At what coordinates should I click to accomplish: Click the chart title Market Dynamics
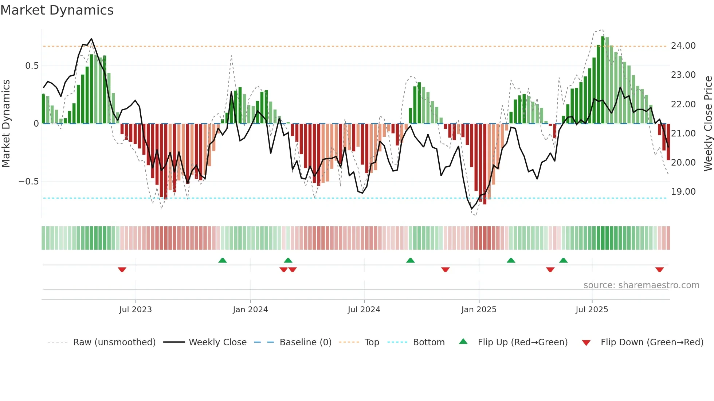click(57, 10)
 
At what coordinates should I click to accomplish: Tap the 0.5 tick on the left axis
click(32, 66)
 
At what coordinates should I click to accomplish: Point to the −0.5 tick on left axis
click(28, 182)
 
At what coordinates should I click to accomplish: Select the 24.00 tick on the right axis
click(683, 46)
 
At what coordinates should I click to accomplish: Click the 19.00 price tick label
click(683, 192)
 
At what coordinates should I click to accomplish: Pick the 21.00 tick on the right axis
click(683, 134)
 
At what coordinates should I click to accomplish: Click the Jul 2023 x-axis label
click(136, 310)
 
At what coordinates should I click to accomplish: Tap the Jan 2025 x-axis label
click(479, 310)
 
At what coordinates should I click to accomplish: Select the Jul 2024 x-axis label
click(364, 310)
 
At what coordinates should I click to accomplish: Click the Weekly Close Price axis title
click(708, 124)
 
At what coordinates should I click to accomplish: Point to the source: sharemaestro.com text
click(641, 285)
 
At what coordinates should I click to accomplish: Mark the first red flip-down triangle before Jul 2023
click(122, 270)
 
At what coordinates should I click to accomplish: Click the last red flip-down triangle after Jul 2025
click(659, 270)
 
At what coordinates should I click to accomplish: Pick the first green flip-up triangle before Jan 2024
click(223, 260)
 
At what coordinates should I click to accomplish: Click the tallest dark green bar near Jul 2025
click(603, 80)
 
